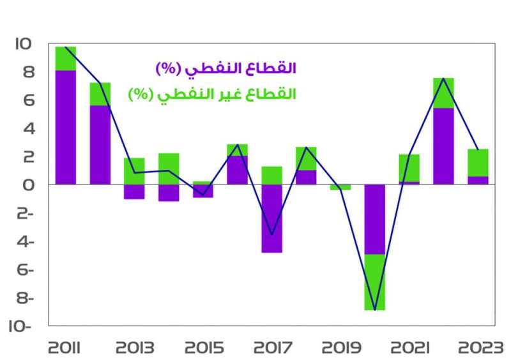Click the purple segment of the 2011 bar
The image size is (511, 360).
point(66,128)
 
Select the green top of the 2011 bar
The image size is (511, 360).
point(66,58)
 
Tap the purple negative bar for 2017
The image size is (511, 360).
point(271,218)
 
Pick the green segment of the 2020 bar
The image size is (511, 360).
point(375,281)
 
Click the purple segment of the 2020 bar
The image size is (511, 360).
point(375,219)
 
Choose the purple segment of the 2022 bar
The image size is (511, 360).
point(443,146)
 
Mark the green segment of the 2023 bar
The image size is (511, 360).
point(478,162)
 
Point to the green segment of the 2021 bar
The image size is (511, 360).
point(409,168)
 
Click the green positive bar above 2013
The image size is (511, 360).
point(134,171)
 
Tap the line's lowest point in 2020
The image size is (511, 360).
point(375,310)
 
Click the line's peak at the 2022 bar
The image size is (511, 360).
point(443,79)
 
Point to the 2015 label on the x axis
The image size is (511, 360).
point(203,348)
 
